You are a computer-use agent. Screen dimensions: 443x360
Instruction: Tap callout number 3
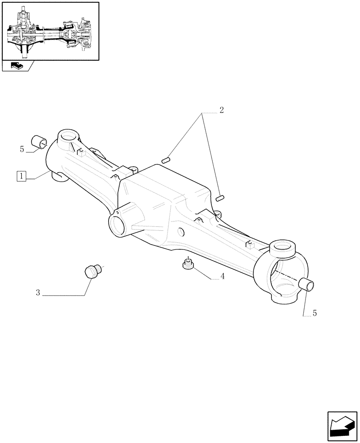pos(38,292)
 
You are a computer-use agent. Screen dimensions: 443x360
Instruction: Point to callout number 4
pos(223,276)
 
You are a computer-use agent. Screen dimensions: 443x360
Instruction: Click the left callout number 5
pos(22,149)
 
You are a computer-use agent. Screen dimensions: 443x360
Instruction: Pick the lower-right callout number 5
pos(314,313)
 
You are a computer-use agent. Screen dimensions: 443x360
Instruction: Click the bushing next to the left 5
pos(39,142)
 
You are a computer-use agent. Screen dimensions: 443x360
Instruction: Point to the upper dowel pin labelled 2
pos(166,160)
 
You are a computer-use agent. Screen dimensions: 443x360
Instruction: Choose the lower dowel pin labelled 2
pos(221,198)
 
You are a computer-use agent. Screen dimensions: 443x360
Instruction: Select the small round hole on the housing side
pos(181,231)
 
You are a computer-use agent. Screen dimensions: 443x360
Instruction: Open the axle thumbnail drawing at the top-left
pos(50,31)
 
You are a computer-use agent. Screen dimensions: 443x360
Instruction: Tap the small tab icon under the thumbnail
pos(17,66)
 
